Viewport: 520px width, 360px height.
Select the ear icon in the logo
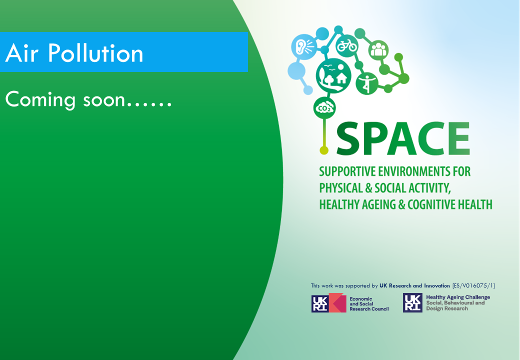point(303,46)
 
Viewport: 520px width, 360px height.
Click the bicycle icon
point(347,45)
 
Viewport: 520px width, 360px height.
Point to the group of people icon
point(378,50)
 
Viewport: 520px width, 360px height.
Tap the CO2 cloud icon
point(324,107)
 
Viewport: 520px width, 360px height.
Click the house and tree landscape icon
point(333,75)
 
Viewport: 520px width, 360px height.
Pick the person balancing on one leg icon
point(367,83)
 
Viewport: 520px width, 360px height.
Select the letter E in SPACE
point(458,138)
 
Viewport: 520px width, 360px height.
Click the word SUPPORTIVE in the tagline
point(347,171)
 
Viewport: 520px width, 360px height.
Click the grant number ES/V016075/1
point(473,285)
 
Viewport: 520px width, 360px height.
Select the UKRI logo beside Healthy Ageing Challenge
point(412,302)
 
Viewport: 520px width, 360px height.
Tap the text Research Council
point(369,309)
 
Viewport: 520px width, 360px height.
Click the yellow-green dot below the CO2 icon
point(324,150)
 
